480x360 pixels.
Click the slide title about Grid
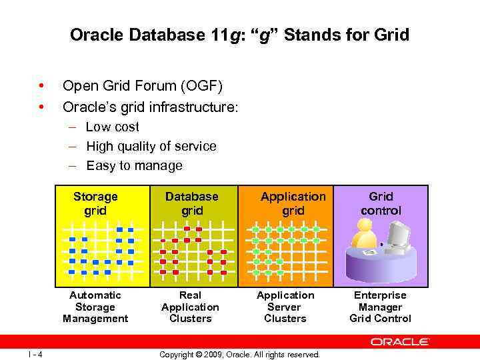239,35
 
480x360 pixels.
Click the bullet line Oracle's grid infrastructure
150,107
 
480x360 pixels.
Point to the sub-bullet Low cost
113,127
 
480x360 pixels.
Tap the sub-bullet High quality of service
151,146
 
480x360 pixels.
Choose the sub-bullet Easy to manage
134,165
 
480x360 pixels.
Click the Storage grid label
95,203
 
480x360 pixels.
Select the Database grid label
191,203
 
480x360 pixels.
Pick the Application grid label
293,203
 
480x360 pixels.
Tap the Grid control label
381,203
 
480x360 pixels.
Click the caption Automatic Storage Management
95,307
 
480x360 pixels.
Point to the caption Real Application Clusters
190,307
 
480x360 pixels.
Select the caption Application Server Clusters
285,307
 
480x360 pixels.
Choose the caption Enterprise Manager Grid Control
380,307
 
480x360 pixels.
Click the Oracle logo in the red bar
400,341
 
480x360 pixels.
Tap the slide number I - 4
35,354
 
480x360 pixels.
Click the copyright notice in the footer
239,354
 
